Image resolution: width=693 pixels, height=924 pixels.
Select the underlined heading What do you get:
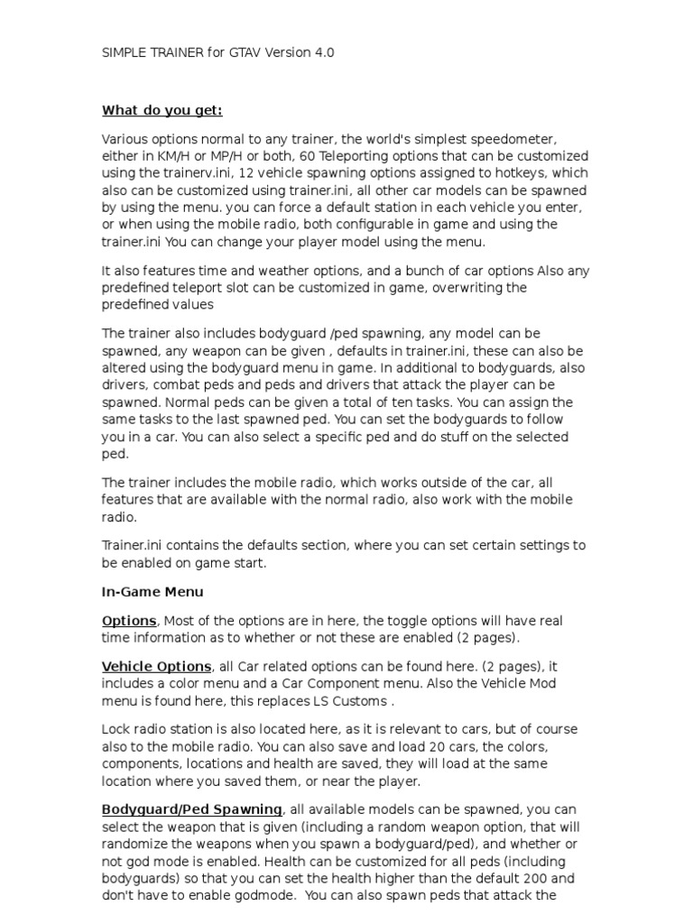pyautogui.click(x=162, y=110)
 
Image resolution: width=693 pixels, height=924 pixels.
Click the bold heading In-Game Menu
pyautogui.click(x=152, y=592)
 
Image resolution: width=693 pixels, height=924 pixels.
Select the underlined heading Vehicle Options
pyautogui.click(x=157, y=666)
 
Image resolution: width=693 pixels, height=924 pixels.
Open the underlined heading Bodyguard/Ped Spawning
pyautogui.click(x=192, y=808)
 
